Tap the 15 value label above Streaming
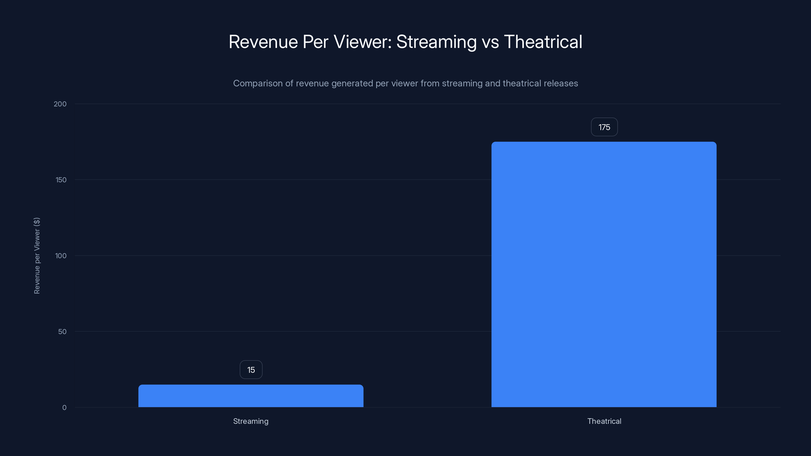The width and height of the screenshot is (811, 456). (x=251, y=370)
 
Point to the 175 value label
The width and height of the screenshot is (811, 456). (x=604, y=127)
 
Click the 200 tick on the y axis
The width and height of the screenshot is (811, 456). (x=60, y=104)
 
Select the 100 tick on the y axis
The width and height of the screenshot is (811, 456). (x=61, y=256)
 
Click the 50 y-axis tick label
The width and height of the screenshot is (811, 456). (x=62, y=332)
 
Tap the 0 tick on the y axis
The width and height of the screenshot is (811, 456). (x=64, y=408)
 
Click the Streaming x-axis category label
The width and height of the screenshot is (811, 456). (x=251, y=421)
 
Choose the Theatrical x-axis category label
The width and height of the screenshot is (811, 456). (x=604, y=421)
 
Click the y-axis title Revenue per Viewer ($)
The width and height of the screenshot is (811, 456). (x=37, y=256)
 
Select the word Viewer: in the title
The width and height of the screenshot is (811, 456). (x=362, y=42)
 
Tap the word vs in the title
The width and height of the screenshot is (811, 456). (x=490, y=42)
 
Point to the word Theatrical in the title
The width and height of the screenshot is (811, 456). (x=543, y=42)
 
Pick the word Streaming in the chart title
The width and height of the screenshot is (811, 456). (x=436, y=42)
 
